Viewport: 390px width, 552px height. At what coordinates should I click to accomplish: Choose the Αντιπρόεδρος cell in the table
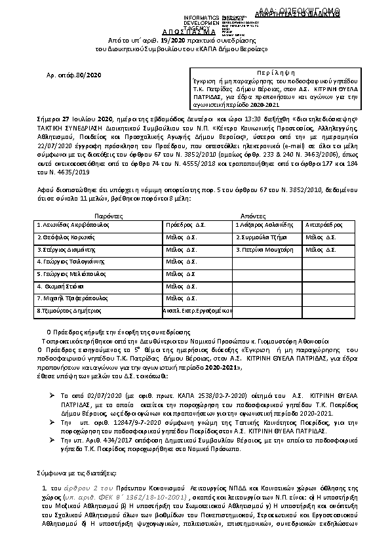[x=326, y=224]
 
